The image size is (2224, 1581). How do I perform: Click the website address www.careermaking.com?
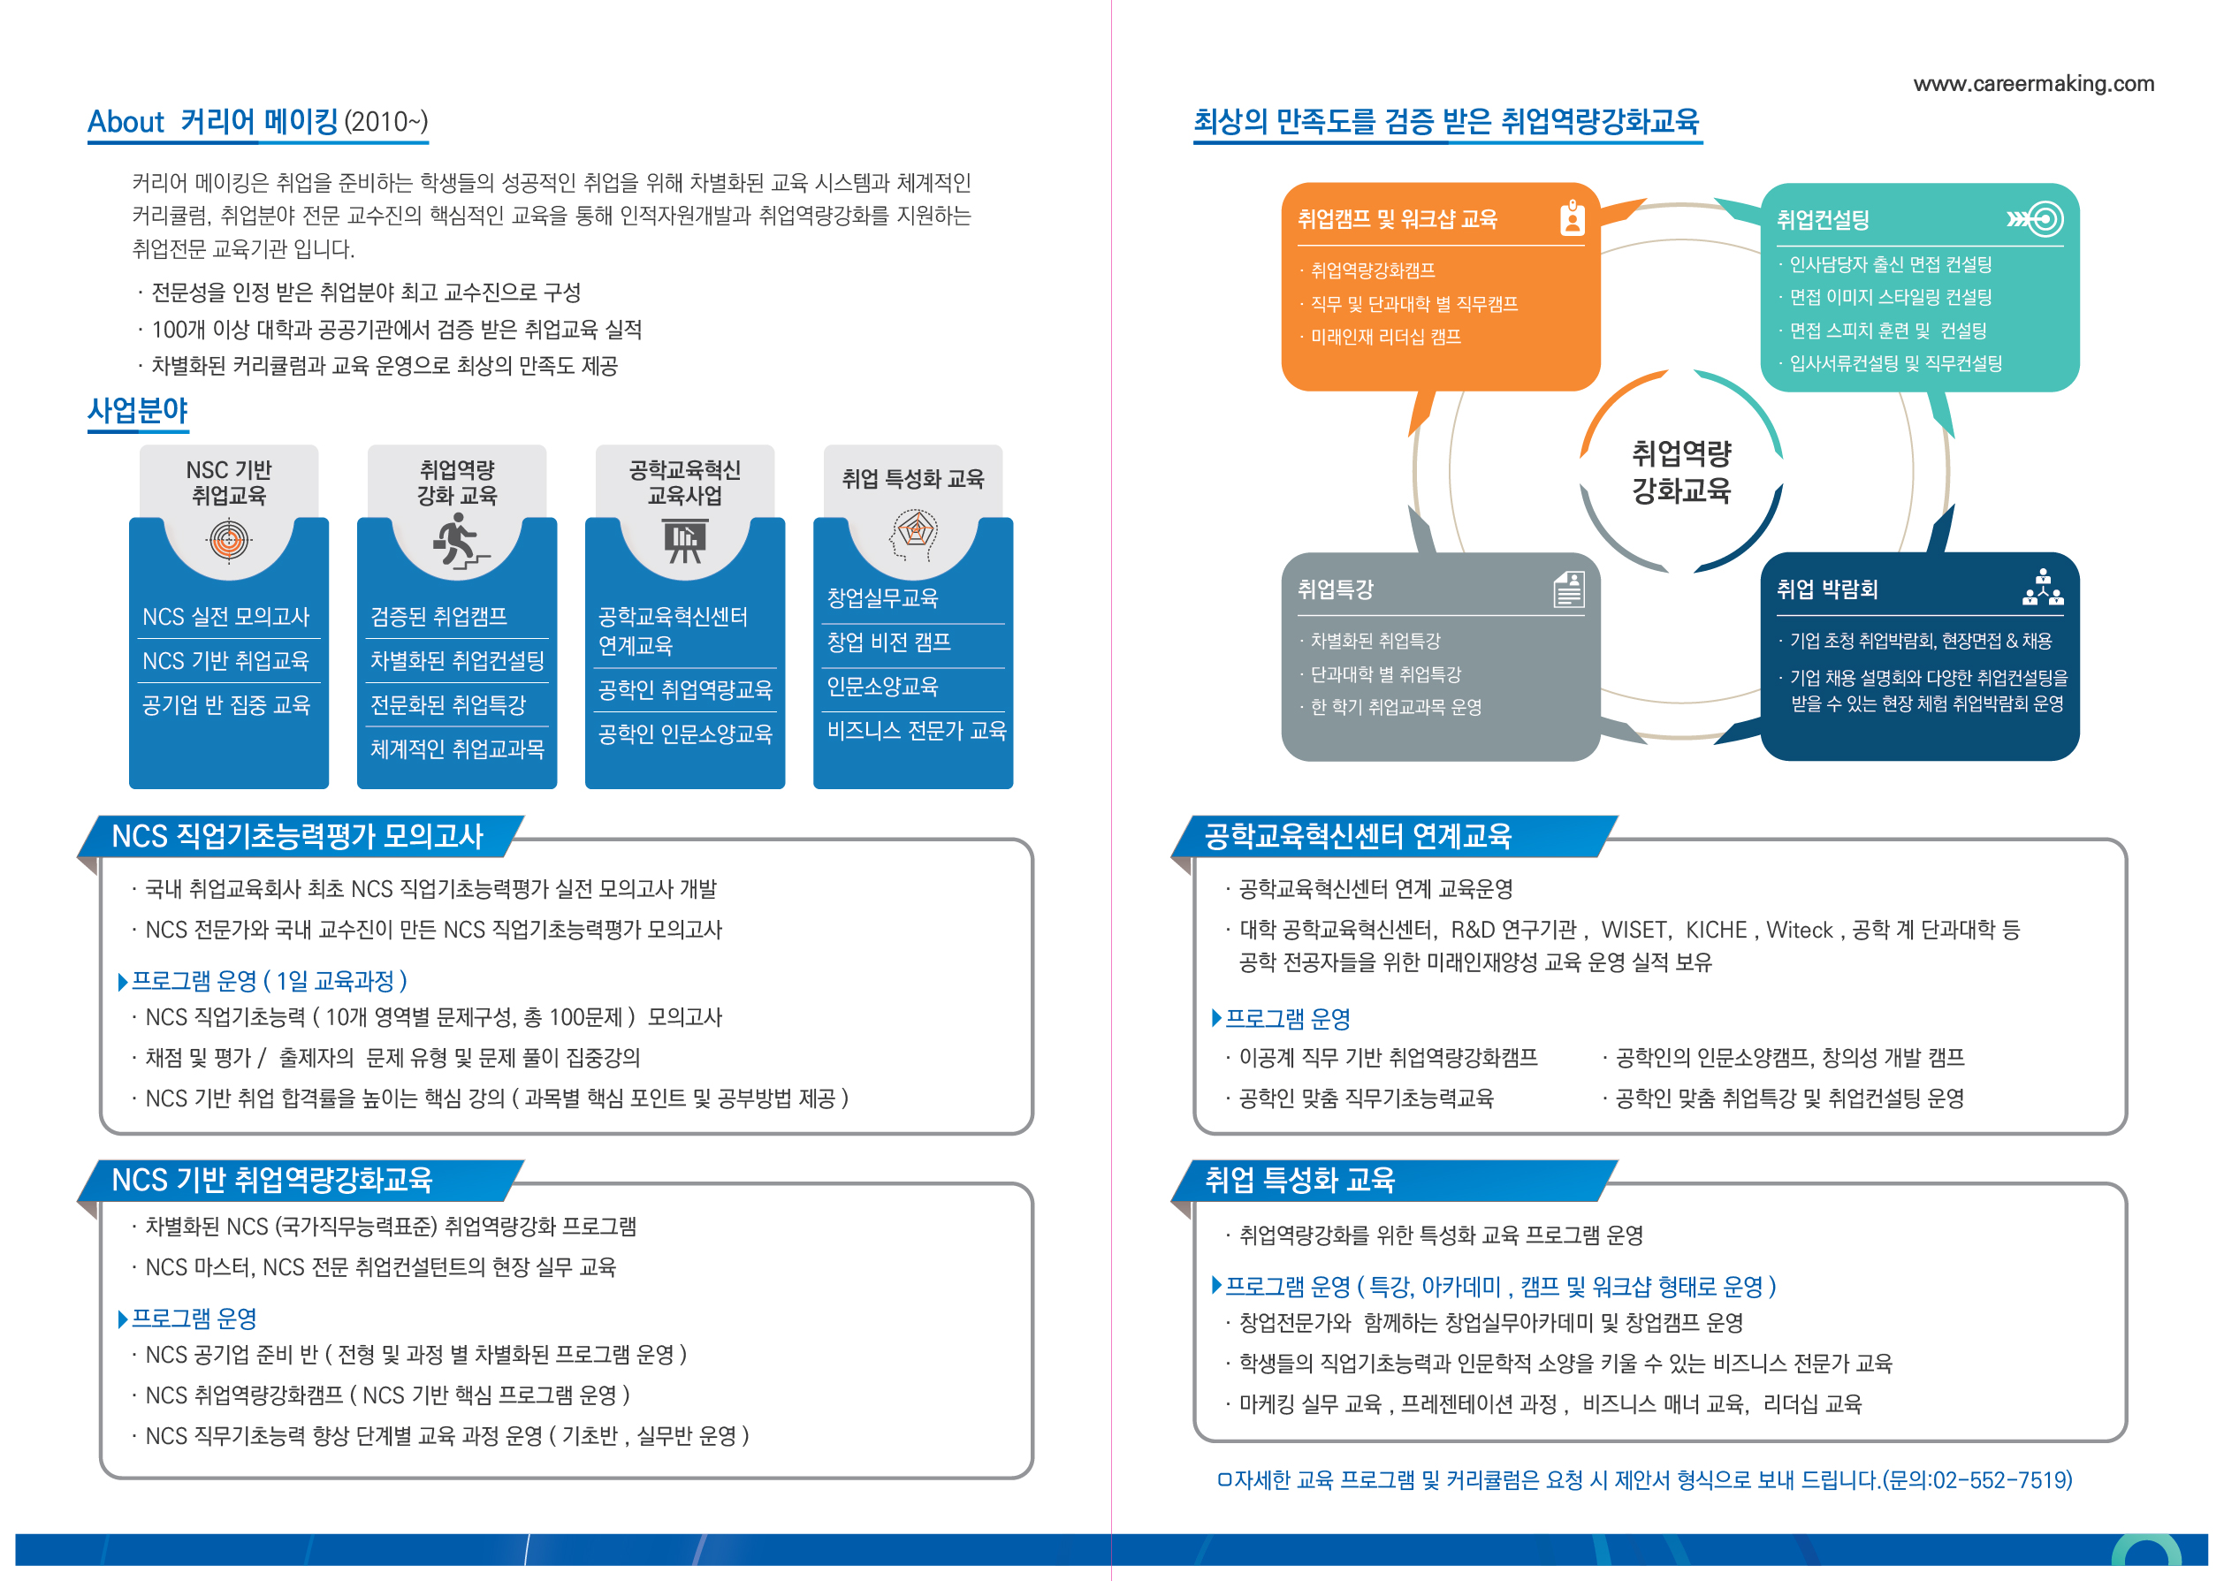click(x=2033, y=84)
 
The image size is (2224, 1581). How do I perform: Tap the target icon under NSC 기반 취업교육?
click(x=229, y=539)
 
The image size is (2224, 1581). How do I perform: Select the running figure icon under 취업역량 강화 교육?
click(x=459, y=541)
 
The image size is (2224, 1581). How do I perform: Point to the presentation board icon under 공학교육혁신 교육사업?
click(x=686, y=541)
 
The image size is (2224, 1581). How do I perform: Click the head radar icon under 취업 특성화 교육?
click(x=913, y=536)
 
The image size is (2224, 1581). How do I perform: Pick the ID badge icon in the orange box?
click(x=1572, y=218)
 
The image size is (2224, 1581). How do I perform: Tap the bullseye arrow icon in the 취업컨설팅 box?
click(x=2035, y=219)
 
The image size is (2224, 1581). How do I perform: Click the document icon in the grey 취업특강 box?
click(x=1568, y=589)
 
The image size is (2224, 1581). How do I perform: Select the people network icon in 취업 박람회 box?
click(x=2043, y=588)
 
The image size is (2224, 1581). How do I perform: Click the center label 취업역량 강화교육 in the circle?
click(x=1680, y=471)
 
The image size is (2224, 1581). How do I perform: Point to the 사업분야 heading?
click(x=137, y=411)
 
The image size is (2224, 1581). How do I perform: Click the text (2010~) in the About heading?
click(x=385, y=122)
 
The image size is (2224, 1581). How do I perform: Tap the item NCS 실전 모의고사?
click(x=226, y=616)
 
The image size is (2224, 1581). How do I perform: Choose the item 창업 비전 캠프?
click(x=889, y=642)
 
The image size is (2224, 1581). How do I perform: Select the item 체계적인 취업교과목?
click(x=458, y=749)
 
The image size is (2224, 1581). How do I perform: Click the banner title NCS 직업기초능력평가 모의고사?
click(x=298, y=836)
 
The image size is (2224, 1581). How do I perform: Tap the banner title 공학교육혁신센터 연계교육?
click(x=1358, y=836)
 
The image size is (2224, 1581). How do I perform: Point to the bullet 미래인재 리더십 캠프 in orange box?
click(x=1384, y=337)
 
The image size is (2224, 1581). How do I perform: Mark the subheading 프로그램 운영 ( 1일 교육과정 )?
click(x=269, y=980)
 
